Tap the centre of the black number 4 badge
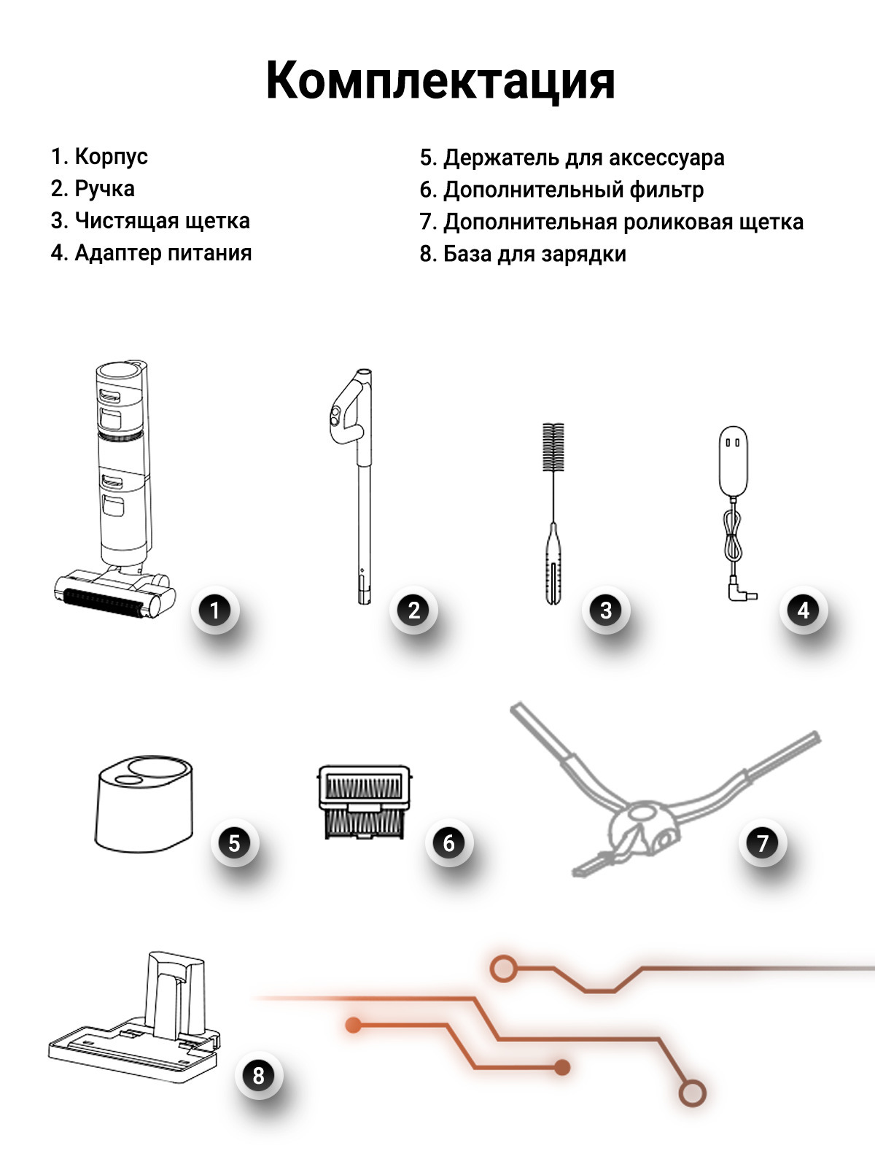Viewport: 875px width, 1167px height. [804, 610]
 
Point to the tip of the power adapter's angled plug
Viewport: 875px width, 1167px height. [757, 596]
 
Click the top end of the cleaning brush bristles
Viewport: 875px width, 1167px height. [553, 424]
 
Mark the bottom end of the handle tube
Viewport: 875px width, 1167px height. [365, 603]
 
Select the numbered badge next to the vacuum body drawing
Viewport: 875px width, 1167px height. [214, 610]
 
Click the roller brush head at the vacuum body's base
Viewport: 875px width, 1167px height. [114, 593]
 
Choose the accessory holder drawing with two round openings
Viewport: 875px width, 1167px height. [144, 803]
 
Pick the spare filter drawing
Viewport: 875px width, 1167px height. [365, 802]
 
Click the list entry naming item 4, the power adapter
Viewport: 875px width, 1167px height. [151, 253]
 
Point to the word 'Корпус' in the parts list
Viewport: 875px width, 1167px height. [111, 158]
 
